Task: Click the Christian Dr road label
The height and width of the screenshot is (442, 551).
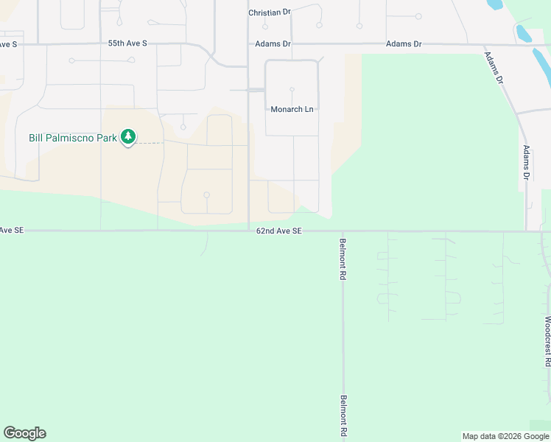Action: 270,13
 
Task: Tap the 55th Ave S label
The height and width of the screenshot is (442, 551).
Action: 127,43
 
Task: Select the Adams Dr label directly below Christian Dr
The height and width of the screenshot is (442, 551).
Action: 273,44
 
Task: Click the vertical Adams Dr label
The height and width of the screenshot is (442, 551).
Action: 527,162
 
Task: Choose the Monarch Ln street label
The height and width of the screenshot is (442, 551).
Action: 292,110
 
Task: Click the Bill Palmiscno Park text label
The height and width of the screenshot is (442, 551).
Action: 72,138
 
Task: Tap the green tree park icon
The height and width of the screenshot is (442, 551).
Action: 129,137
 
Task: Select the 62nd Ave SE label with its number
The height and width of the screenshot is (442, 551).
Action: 279,231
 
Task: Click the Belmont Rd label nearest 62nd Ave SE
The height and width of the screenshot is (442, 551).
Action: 343,258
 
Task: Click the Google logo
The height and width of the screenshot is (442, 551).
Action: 24,433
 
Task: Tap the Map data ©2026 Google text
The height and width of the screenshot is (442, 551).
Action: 505,436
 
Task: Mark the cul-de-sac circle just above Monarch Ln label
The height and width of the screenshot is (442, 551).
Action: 292,89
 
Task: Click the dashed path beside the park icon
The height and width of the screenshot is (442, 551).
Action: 150,142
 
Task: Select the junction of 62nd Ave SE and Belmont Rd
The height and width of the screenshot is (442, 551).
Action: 343,231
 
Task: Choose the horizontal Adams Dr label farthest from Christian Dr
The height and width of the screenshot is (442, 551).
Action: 404,44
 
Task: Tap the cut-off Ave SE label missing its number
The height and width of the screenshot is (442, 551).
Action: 12,231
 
